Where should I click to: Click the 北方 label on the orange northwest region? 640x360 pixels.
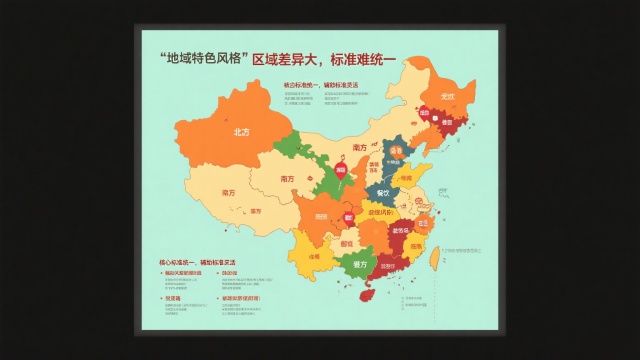[241, 132]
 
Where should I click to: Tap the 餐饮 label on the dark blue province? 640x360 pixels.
[384, 192]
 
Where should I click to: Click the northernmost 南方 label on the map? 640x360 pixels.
[359, 147]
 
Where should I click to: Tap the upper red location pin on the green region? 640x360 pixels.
[340, 171]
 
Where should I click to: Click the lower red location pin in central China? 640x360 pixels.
[349, 215]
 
